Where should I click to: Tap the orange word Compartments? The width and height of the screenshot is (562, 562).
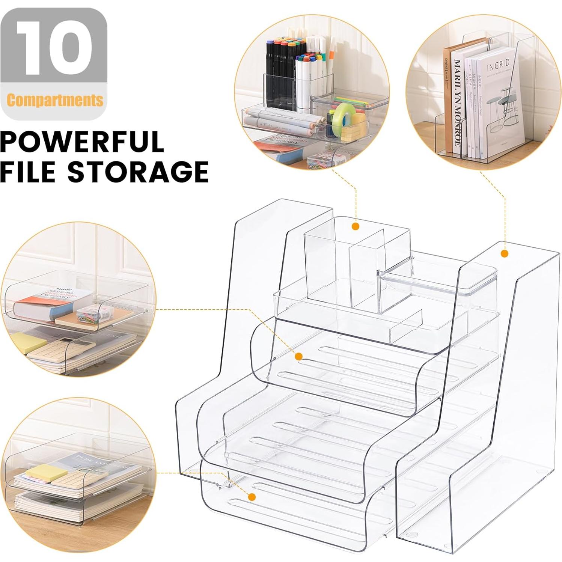pos(55,100)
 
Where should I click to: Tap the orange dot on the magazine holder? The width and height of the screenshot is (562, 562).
pos(505,253)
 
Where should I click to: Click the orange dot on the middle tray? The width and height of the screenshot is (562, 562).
pos(298,356)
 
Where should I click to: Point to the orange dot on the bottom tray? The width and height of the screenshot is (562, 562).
pos(252,497)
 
